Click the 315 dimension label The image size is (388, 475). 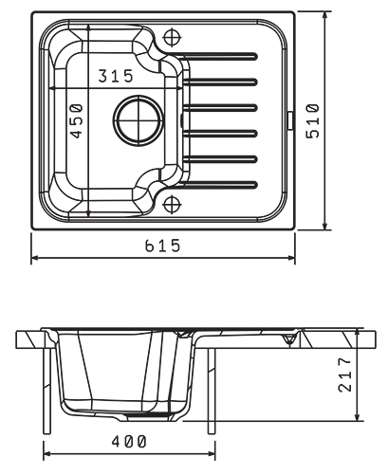point(116,76)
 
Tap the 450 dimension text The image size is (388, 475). point(77,121)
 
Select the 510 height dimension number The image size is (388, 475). point(313,120)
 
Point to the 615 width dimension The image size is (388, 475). point(162,246)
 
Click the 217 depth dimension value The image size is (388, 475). point(344,375)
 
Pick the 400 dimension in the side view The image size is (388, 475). point(129,442)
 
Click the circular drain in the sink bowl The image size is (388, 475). point(139,120)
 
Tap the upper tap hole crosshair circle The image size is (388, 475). point(172,37)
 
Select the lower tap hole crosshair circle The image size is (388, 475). point(172,205)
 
